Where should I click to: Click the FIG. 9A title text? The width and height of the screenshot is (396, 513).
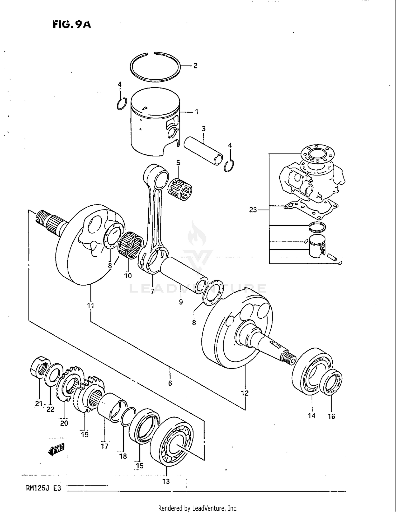coord(72,24)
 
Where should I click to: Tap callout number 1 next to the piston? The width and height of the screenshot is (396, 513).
coord(196,112)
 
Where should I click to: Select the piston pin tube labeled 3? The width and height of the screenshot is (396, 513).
coord(203,151)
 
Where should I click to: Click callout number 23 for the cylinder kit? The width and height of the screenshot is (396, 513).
coord(253,210)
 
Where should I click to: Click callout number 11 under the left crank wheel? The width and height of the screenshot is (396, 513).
coord(91,306)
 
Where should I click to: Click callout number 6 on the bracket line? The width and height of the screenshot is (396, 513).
coord(170,383)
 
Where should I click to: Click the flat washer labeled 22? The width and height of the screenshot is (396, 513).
coord(54,373)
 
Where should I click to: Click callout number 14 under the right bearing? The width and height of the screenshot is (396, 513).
coord(312,416)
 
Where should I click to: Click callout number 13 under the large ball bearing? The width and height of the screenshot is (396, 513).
coord(166,481)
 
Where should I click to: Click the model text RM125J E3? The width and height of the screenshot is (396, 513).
coord(43,488)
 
